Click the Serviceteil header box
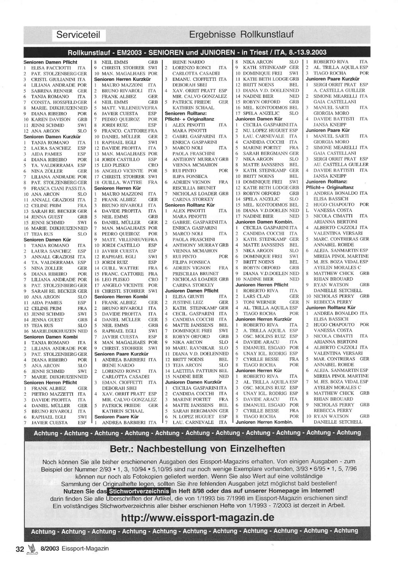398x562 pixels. point(78,35)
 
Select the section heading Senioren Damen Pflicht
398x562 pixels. point(51,62)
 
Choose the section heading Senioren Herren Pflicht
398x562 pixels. point(51,382)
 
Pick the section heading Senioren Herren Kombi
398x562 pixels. point(121,297)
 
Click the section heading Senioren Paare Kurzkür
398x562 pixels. point(121,354)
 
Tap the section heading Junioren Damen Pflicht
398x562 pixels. point(192,291)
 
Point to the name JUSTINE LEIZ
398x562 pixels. point(187,302)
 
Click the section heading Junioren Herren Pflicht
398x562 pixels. point(262,285)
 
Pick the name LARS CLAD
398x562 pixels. point(256,297)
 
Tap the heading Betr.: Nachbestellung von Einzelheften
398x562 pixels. point(197,449)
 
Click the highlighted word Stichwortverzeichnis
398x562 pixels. point(139,491)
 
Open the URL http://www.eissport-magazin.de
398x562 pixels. point(197,518)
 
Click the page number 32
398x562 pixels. point(20,549)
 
